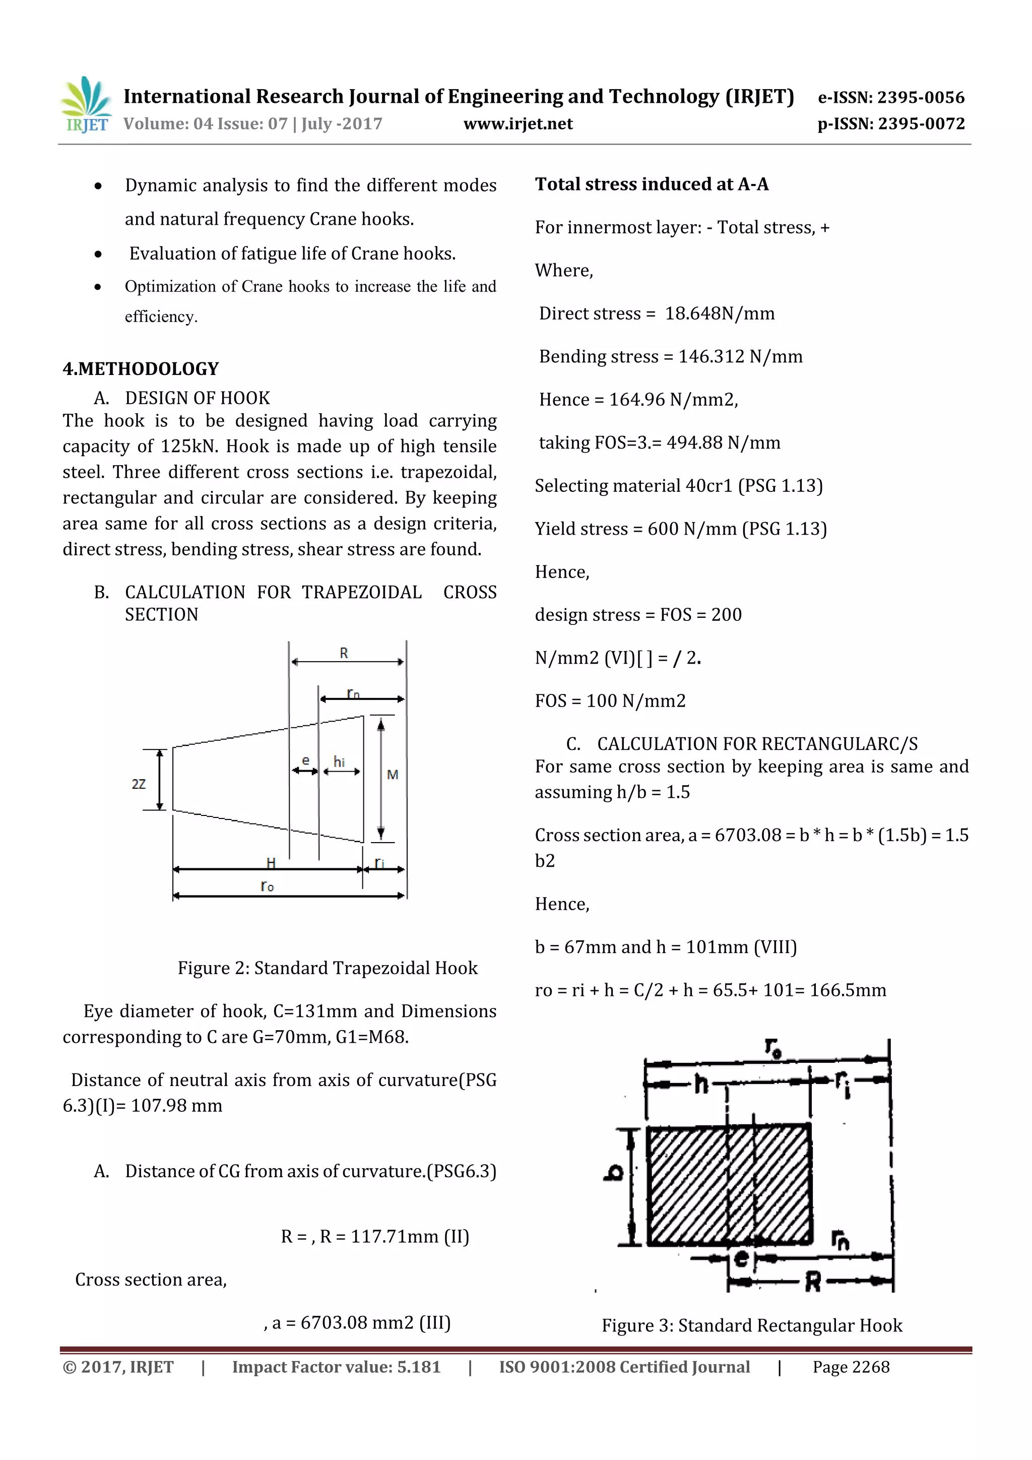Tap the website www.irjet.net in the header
click(518, 124)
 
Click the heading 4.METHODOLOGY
click(141, 369)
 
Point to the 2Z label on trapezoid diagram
click(139, 784)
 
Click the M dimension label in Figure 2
click(393, 775)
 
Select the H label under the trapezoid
click(271, 863)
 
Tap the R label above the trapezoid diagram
click(344, 653)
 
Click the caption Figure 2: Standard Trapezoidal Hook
click(328, 968)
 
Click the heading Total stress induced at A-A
click(652, 184)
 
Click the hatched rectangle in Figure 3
click(729, 1183)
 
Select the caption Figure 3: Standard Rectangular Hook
click(752, 1325)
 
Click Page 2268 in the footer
click(851, 1367)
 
